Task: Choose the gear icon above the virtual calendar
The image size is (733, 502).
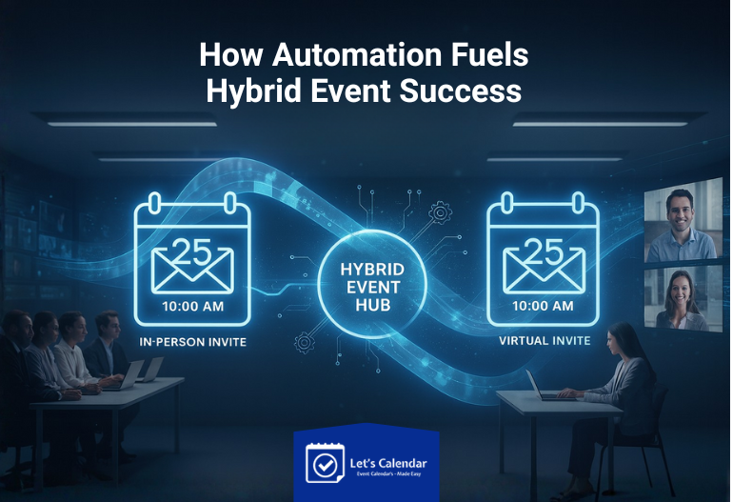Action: point(440,211)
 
